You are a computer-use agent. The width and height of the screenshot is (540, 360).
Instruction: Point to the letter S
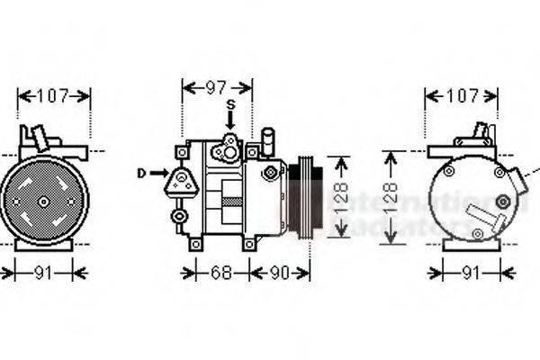(230, 105)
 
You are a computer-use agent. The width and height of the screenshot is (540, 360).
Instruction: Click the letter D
(142, 172)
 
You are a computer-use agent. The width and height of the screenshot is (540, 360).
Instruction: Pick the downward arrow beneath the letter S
(230, 121)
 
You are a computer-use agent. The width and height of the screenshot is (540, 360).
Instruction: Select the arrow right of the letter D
(159, 172)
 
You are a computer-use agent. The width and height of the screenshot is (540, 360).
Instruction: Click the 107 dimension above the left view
(54, 95)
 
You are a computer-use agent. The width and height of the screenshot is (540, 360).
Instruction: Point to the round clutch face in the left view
(42, 201)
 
